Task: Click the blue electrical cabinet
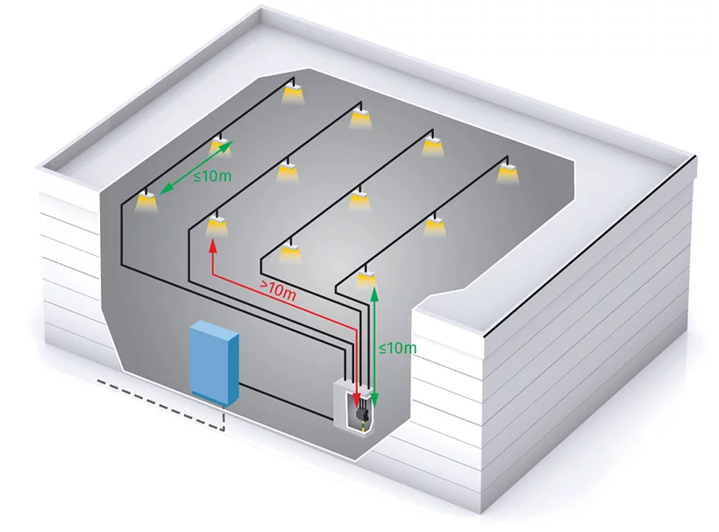click(214, 362)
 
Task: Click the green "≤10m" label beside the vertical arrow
click(396, 348)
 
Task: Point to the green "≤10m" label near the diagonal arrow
click(212, 176)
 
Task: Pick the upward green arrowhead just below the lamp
click(375, 293)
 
